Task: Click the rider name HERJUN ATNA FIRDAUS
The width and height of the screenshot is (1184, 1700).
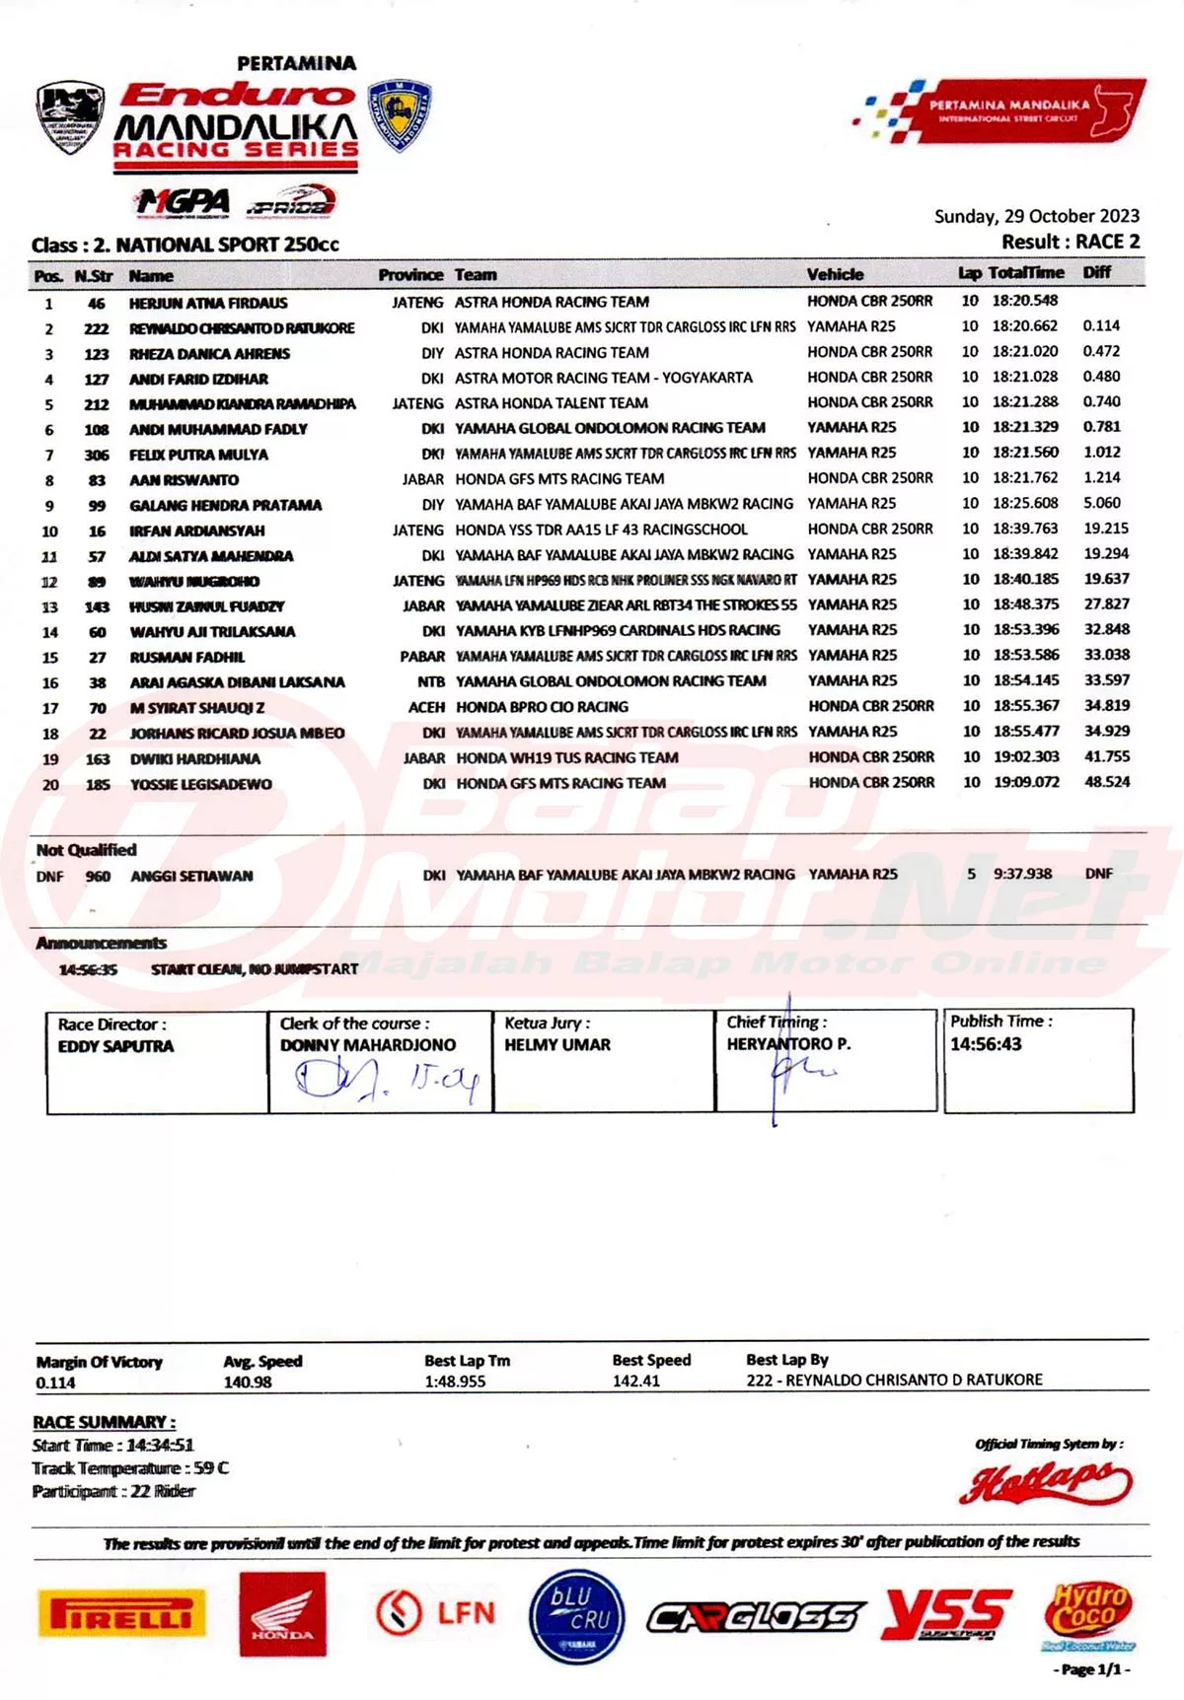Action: tap(208, 303)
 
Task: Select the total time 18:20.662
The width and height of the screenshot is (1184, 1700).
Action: tap(1024, 326)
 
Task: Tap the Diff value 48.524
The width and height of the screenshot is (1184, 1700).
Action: tap(1107, 782)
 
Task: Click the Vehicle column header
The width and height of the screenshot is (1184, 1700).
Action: tap(835, 274)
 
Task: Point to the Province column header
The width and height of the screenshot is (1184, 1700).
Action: tap(410, 275)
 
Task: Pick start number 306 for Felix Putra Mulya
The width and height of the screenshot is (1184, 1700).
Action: tap(97, 455)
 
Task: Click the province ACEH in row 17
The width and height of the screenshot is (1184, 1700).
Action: tap(426, 707)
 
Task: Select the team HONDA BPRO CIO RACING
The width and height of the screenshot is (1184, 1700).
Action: tap(542, 707)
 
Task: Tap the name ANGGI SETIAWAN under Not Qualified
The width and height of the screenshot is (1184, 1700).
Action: tap(191, 876)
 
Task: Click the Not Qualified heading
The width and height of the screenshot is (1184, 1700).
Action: tap(86, 850)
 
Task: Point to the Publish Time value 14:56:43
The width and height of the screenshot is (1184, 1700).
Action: tap(986, 1044)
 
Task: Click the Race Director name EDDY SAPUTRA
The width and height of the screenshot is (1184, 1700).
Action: tap(115, 1046)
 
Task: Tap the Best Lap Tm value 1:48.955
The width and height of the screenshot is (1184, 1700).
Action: tap(455, 1381)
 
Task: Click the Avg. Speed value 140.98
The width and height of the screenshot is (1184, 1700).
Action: tap(247, 1382)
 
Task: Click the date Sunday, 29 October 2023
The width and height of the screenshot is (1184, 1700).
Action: tap(1036, 216)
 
